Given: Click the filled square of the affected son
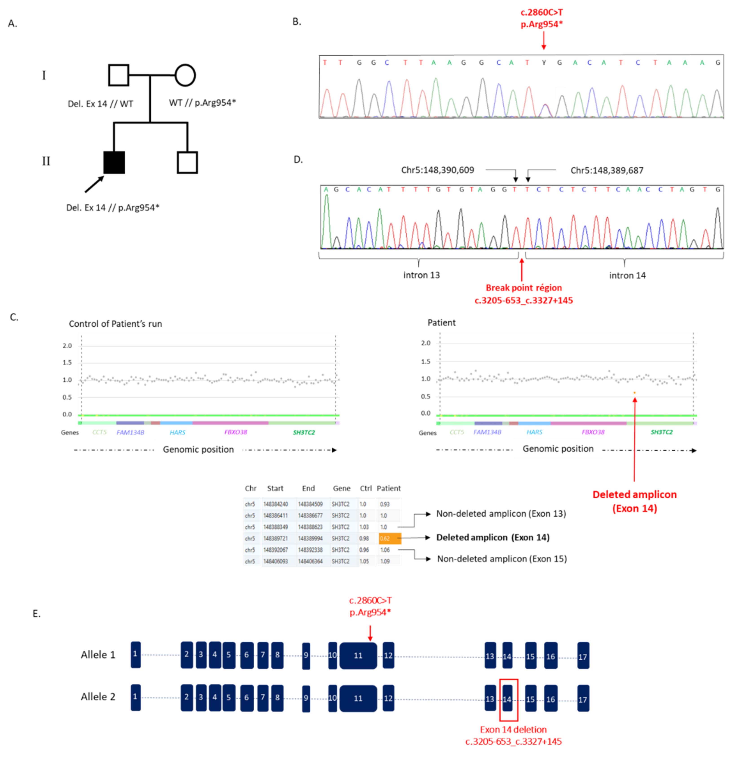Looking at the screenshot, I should (x=114, y=162).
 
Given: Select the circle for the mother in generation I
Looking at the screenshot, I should (x=185, y=75).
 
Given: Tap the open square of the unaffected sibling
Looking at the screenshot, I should (x=187, y=162).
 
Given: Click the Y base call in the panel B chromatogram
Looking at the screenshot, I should (x=544, y=63).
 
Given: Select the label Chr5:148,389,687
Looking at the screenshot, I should (x=607, y=170).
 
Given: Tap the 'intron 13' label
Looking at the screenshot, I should (x=421, y=275).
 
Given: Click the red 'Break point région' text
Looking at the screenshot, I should (x=524, y=288).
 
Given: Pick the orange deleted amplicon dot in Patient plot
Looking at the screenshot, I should (x=635, y=393).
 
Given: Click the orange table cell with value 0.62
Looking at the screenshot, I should (x=390, y=538).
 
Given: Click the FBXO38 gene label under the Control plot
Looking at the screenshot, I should (x=235, y=432).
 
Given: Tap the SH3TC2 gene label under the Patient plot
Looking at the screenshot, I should (x=661, y=432).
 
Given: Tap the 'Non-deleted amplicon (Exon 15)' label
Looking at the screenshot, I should (x=502, y=559).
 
